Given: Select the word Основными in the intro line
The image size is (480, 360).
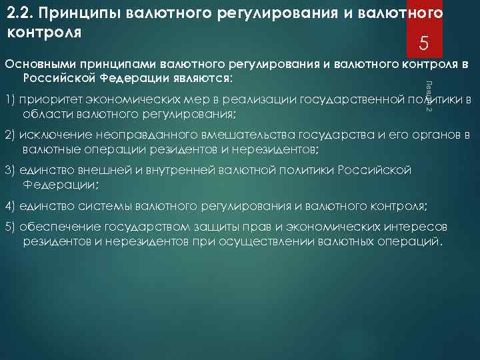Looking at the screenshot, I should [40, 65].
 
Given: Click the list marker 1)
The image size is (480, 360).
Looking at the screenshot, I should [10, 100].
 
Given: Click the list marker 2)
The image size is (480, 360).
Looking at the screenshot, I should [10, 135].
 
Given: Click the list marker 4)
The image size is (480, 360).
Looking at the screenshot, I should [10, 204].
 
